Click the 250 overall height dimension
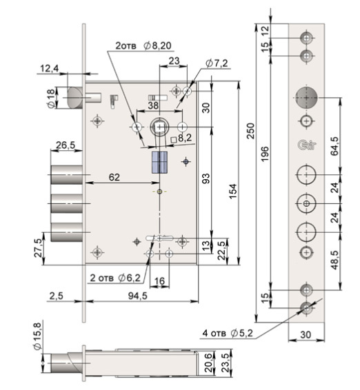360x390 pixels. pyautogui.click(x=251, y=131)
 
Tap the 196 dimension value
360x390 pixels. pyautogui.click(x=265, y=154)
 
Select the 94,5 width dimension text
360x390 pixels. pyautogui.click(x=138, y=296)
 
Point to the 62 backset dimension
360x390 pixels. pyautogui.click(x=114, y=177)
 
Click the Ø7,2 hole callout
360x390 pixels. pyautogui.click(x=217, y=63)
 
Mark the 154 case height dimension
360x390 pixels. pyautogui.click(x=233, y=192)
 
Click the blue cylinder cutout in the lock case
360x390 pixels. pyautogui.click(x=159, y=163)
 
